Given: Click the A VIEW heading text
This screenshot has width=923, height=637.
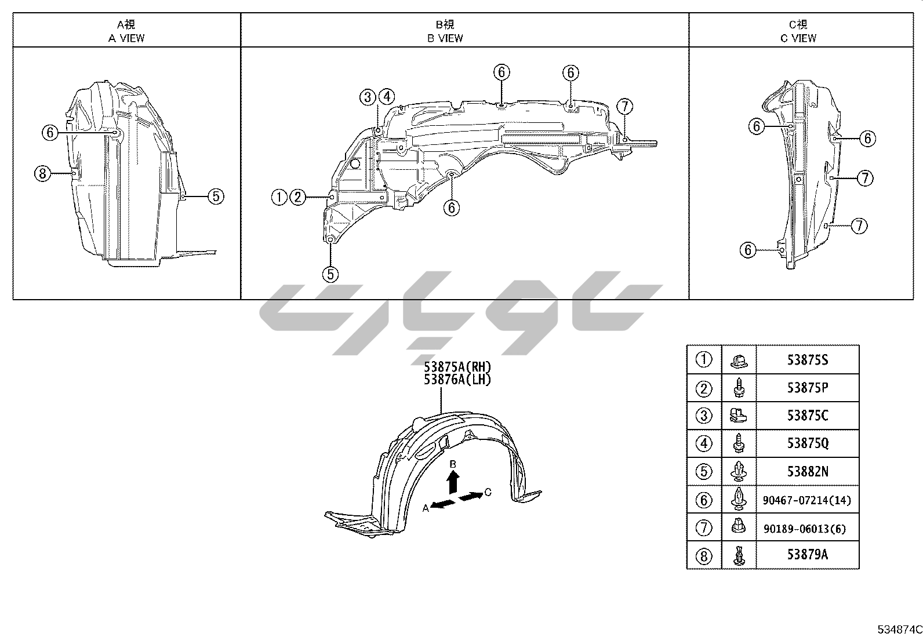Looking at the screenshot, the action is point(126,38).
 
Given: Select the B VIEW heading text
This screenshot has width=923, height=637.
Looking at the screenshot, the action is point(445,38).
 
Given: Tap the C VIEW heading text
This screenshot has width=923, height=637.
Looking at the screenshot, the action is point(798,38).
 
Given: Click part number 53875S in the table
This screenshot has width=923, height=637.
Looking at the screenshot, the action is point(808,360).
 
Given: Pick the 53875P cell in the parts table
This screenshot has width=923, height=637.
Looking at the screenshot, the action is point(808,388).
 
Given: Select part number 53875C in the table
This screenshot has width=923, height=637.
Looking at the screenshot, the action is point(808,416).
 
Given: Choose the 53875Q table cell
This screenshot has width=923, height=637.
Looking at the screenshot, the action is point(808,443).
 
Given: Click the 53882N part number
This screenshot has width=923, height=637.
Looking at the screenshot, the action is point(808,471).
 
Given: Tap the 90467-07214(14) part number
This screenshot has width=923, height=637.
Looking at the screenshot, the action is point(807,500).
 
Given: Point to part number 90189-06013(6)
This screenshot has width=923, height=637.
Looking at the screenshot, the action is point(805,529).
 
